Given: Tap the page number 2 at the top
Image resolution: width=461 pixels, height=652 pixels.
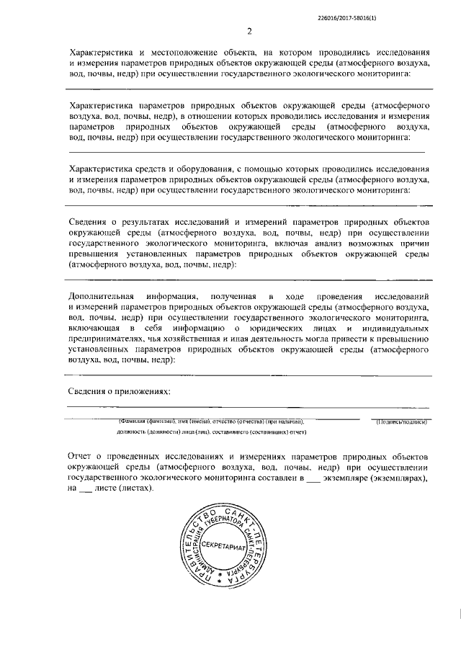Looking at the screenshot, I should point(249,31).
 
